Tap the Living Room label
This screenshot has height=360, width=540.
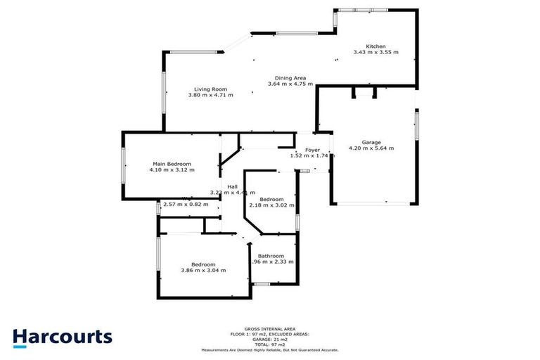(210, 89)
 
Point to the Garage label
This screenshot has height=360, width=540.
(371, 142)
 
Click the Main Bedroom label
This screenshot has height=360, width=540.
(172, 164)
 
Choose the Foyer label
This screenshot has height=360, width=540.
(312, 150)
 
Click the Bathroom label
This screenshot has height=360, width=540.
(271, 255)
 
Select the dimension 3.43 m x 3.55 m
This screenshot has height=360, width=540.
(375, 53)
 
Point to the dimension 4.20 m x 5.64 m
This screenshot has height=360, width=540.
(371, 148)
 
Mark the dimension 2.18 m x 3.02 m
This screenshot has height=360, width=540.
(271, 205)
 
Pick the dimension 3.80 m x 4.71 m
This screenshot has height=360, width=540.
(210, 95)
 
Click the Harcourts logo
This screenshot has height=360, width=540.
(62, 336)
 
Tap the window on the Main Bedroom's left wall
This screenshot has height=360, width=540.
(124, 165)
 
